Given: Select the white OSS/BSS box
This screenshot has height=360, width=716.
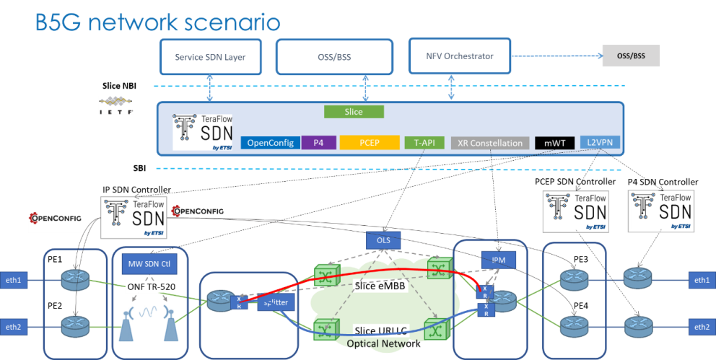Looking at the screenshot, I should point(334,57).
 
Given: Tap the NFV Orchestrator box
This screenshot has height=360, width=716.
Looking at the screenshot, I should point(460,56).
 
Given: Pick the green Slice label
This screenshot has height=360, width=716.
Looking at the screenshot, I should point(354,112).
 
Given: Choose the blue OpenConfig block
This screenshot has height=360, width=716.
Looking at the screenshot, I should point(270,143).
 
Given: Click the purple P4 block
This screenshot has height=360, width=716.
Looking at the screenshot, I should point(318,143).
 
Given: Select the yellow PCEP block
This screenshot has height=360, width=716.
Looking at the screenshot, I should point(369,143).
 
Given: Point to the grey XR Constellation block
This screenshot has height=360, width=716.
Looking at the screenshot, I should point(490,143).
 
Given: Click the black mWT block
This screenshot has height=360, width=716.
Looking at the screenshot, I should point(554,143).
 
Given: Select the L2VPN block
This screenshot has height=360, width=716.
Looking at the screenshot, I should point(599,143).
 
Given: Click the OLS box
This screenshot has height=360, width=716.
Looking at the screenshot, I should point(383,239).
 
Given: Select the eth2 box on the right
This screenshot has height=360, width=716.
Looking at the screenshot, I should point(701,327).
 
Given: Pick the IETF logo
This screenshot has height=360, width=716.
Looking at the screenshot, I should point(115,105).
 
